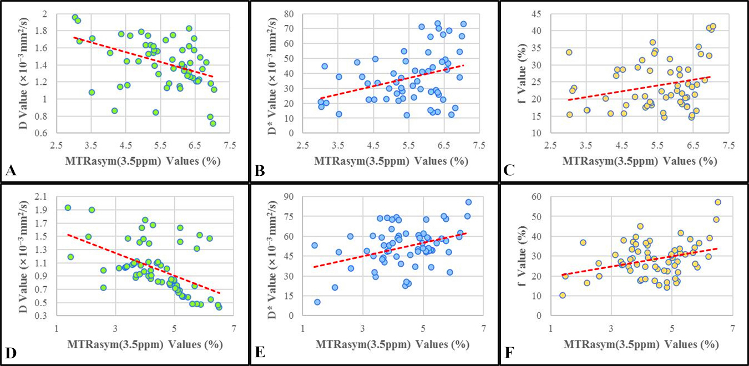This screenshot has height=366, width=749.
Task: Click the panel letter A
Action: (9, 171)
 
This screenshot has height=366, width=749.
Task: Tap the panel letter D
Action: (9, 353)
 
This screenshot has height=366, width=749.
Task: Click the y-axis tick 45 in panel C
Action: (540, 13)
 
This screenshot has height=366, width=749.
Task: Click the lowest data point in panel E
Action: (317, 302)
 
